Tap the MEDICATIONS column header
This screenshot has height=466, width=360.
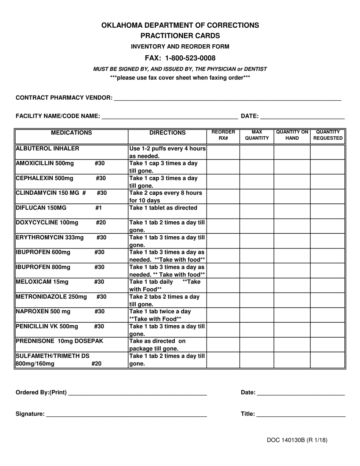(x=71, y=133)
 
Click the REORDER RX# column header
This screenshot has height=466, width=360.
(x=223, y=135)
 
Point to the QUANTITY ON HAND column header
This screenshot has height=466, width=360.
(x=292, y=135)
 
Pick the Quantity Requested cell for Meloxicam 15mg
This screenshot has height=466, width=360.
(x=328, y=285)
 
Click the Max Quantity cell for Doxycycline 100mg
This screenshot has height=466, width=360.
(x=257, y=226)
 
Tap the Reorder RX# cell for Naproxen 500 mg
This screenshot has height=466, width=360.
(x=223, y=315)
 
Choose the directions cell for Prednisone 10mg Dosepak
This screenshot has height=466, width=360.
(x=167, y=345)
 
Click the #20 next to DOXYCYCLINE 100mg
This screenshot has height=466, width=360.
(x=100, y=223)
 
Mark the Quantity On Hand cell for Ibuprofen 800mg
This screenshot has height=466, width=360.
(x=292, y=271)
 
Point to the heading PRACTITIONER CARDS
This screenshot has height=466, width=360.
(x=180, y=36)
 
